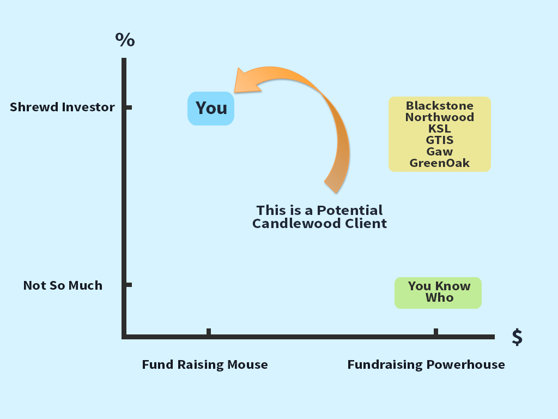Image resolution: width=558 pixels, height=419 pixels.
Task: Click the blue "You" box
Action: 211,109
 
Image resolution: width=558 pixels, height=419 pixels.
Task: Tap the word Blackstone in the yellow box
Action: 440,106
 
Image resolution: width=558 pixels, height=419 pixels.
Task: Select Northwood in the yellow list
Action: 440,117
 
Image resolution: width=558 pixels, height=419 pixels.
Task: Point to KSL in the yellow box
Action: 440,129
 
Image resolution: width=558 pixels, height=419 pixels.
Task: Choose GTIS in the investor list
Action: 440,140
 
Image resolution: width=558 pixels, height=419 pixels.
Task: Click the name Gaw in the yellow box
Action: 440,152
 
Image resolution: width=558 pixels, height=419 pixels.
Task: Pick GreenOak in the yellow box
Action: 440,163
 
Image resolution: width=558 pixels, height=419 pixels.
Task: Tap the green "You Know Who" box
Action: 438,293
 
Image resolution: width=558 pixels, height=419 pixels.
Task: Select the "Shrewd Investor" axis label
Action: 62,107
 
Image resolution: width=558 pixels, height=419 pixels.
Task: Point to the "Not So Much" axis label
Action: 63,285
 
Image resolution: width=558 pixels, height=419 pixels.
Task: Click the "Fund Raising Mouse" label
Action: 205,365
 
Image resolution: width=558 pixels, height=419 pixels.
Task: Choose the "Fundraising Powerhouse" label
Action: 426,365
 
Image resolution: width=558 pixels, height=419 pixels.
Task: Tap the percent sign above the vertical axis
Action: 125,39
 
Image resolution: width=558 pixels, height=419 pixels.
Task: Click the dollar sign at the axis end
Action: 517,337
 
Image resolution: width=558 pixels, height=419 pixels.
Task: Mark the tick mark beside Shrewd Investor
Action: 129,107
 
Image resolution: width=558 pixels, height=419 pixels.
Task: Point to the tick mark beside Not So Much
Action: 129,285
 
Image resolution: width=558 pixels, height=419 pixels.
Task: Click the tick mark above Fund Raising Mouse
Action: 209,332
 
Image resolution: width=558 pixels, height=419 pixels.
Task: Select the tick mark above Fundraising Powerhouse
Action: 436,332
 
